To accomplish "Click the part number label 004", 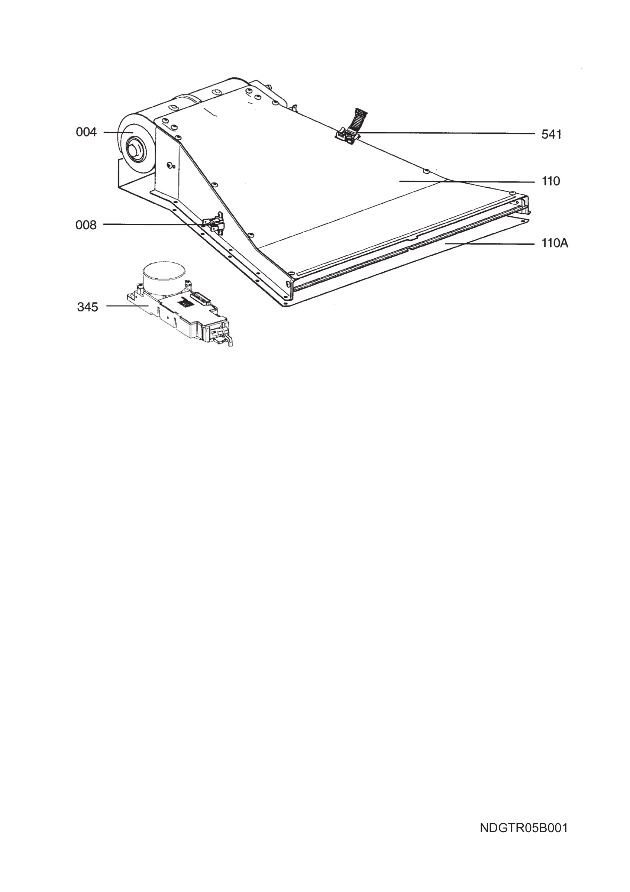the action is coord(86,132).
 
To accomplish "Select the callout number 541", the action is coord(551,135).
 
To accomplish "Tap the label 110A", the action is coord(555,243).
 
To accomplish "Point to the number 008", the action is coord(86,225).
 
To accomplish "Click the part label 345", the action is coord(87,307).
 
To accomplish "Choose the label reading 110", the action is coord(551,181).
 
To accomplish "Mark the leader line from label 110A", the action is coord(490,243).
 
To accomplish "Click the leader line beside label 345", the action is coord(127,306).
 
